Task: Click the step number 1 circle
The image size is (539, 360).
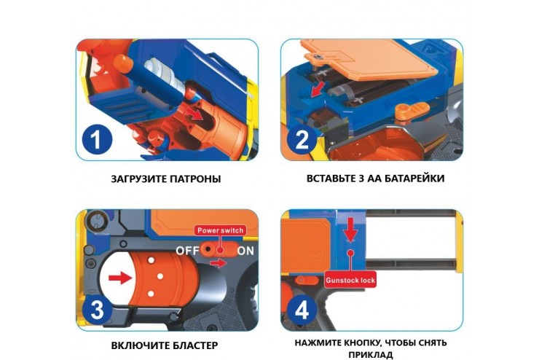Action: tap(98, 141)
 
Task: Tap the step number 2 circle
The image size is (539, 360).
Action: tap(302, 140)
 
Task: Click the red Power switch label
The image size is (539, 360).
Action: tap(220, 230)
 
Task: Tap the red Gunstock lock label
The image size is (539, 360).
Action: tap(350, 280)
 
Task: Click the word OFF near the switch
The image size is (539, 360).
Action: tap(188, 251)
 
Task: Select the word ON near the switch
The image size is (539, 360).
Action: tap(245, 251)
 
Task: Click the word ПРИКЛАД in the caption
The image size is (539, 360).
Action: tap(371, 354)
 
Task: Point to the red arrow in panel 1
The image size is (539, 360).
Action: tap(194, 114)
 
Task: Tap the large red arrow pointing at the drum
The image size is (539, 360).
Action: tap(120, 278)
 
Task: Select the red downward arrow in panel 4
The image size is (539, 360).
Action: tap(350, 230)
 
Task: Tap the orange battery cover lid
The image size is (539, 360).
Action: tap(369, 58)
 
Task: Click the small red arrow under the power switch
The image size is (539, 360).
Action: tap(219, 263)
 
